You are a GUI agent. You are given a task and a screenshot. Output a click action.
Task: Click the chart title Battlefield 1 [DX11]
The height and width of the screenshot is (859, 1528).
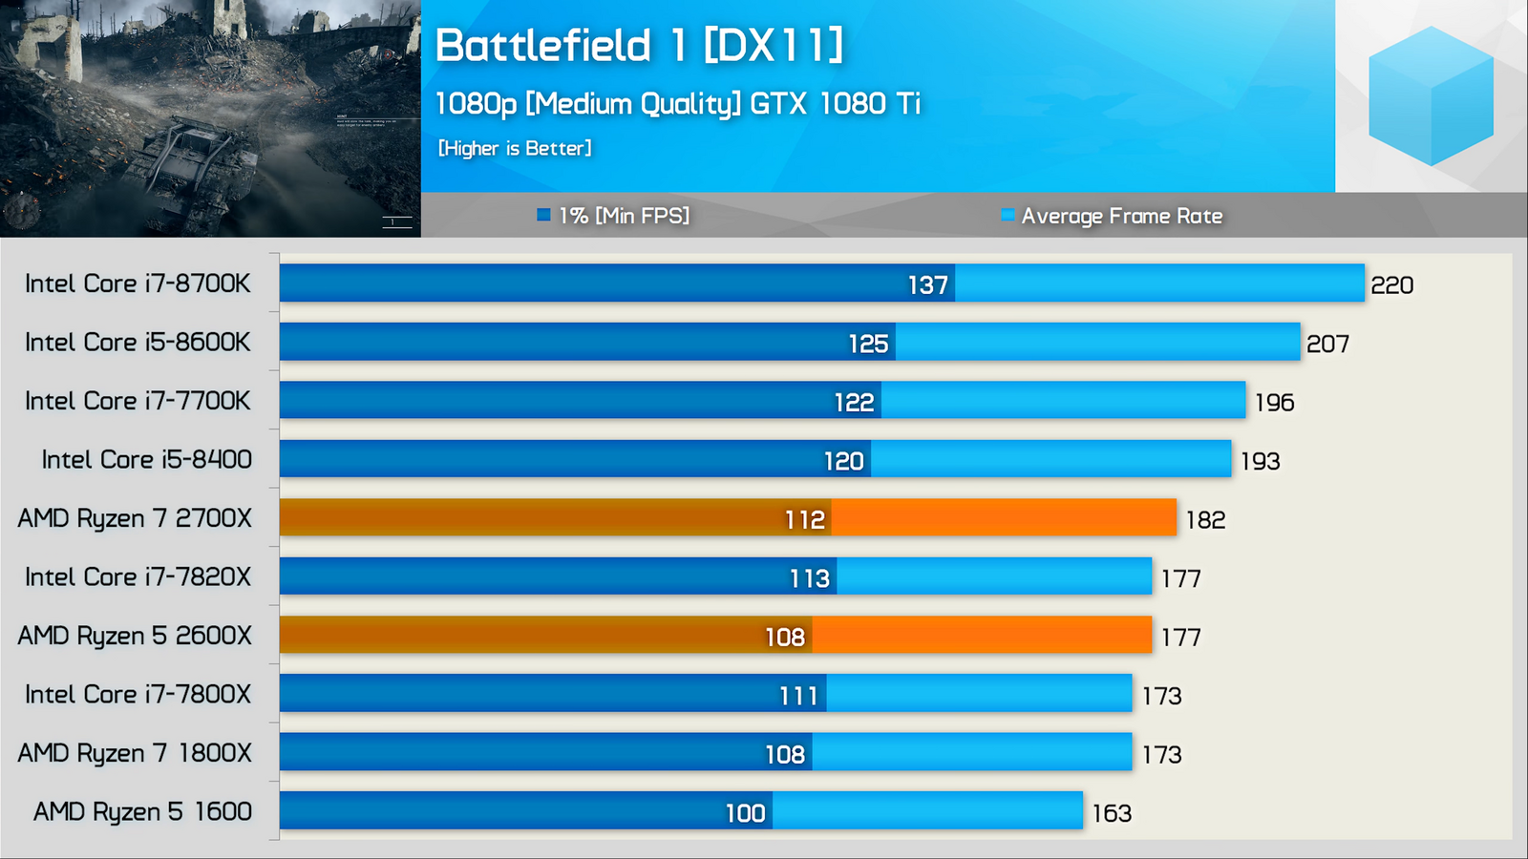pos(639,45)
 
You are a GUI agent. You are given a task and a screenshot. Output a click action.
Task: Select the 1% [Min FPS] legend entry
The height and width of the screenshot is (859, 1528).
pos(613,216)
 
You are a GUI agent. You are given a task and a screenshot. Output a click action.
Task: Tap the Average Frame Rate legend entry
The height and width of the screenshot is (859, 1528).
pos(1113,216)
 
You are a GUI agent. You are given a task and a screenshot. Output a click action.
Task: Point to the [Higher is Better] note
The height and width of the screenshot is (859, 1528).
pos(515,148)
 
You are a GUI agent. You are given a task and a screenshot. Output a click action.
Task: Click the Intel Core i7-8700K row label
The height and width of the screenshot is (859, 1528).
pos(138,283)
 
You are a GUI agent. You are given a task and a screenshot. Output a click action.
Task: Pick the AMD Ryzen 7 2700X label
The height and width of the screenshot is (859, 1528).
pos(135,518)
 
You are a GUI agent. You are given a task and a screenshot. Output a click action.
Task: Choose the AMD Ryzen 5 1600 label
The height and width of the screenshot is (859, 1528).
pos(143,811)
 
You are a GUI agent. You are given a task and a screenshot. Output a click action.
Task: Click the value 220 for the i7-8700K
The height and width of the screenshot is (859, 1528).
pos(1391,284)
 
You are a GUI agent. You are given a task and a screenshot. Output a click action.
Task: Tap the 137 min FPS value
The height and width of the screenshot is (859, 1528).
pos(927,284)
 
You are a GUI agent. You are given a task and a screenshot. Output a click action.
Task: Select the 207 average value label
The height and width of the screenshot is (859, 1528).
pos(1327,344)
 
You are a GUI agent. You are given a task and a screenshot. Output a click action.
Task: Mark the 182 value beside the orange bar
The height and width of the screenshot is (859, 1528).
pos(1205,519)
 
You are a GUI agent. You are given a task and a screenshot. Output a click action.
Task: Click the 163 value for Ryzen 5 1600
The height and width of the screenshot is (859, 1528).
pos(1112,813)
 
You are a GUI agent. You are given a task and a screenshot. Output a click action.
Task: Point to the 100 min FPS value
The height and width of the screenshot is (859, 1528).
pos(745,813)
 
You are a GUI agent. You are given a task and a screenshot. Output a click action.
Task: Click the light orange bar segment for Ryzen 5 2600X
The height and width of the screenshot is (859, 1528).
pos(982,636)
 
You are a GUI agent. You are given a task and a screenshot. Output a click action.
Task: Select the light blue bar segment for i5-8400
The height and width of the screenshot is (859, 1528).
pos(1050,459)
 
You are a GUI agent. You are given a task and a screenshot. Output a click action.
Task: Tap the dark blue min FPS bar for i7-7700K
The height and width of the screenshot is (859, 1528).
pos(554,401)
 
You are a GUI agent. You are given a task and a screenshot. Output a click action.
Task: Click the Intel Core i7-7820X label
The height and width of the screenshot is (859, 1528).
pos(138,576)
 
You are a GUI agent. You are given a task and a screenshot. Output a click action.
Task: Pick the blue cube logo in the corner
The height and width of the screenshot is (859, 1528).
pos(1430,95)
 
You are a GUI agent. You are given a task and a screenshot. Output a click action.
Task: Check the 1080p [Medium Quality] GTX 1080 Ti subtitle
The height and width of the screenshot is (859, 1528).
pos(677,103)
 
